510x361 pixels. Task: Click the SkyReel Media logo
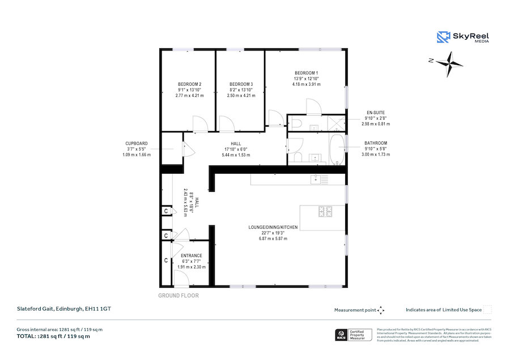click(463, 37)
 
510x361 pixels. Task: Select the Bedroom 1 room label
click(305, 73)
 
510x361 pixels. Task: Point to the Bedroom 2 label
click(189, 84)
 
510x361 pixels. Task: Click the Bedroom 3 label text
click(240, 84)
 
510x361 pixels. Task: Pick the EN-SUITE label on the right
click(375, 112)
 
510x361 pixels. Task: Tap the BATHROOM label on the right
click(375, 143)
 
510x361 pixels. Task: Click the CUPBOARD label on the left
click(137, 144)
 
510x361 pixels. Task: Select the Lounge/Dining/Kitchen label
click(273, 227)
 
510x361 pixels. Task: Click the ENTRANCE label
click(187, 255)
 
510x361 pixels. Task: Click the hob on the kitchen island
click(325, 211)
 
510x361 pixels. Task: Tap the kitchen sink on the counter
click(316, 179)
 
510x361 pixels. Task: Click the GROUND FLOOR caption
click(178, 296)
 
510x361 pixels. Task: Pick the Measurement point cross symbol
click(381, 310)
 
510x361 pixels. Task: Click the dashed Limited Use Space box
click(487, 310)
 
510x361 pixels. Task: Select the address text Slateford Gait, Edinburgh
click(56, 309)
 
